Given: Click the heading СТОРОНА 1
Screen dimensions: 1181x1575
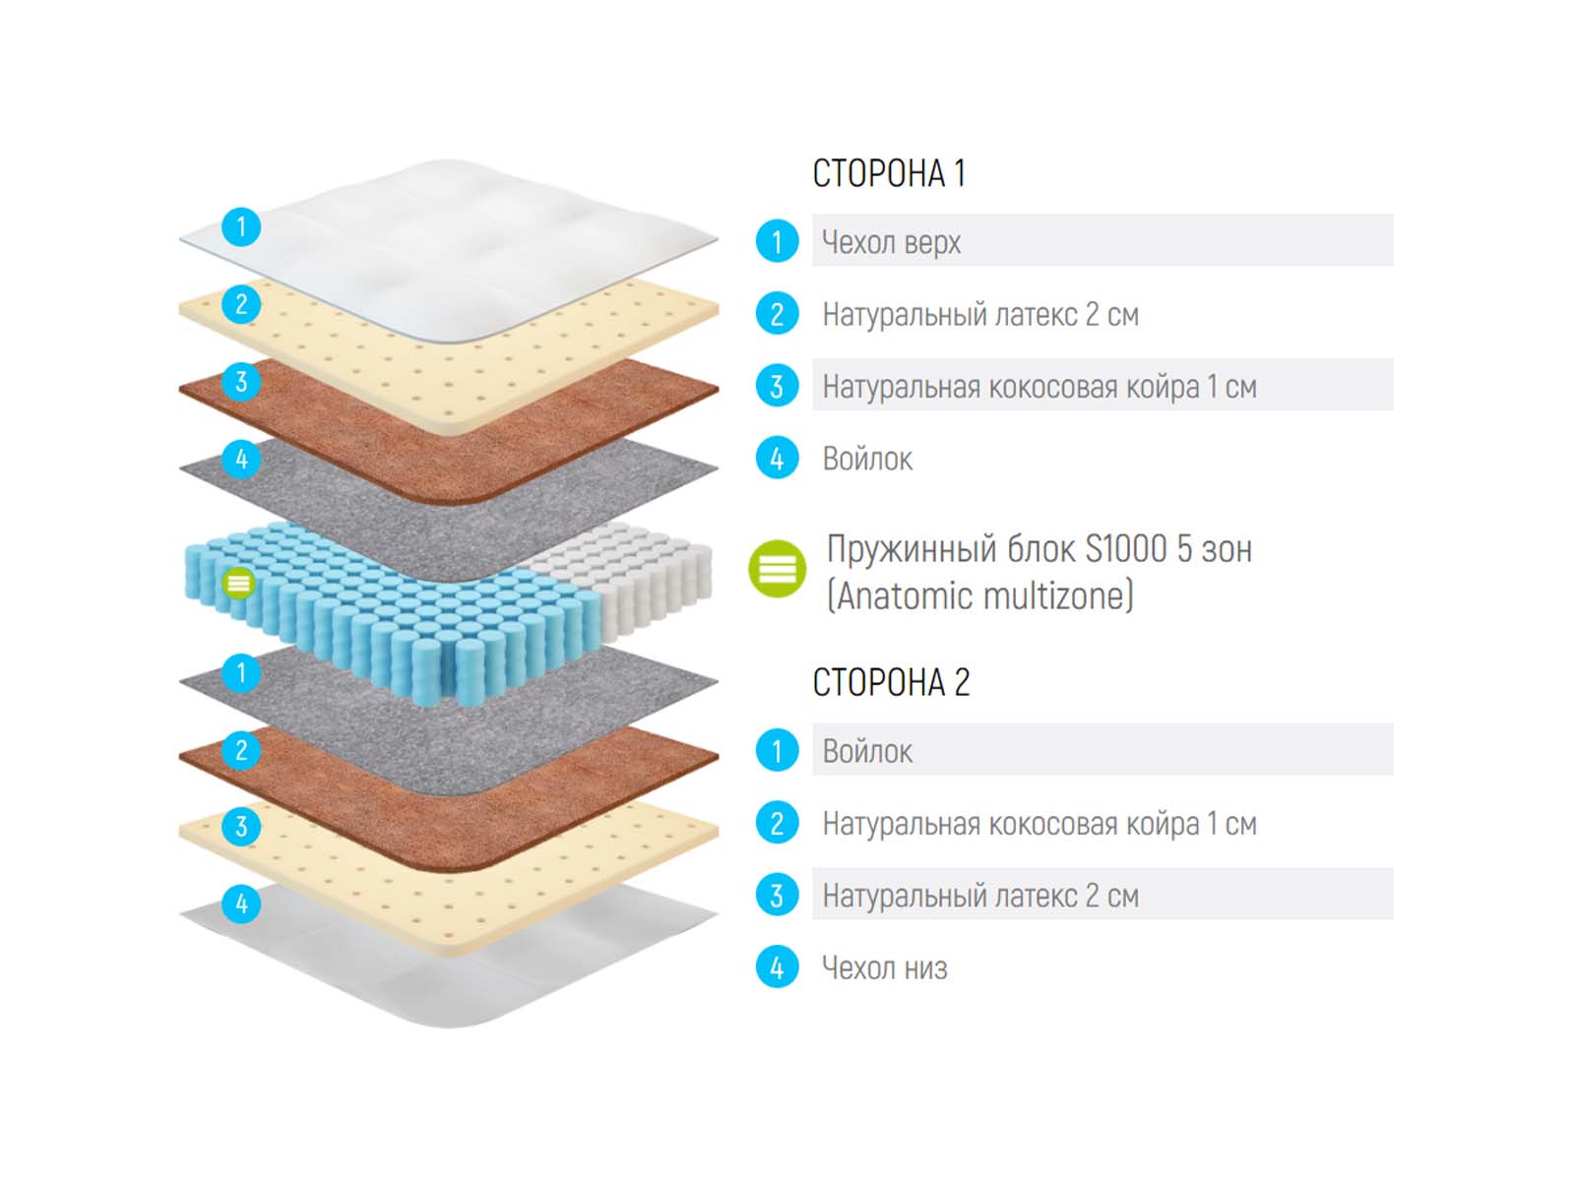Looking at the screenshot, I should tap(889, 174).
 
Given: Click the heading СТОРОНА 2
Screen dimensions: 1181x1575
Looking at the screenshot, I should tap(891, 682).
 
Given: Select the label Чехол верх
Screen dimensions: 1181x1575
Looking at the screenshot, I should tap(891, 242).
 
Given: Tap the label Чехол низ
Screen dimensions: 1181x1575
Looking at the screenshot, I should tap(884, 968).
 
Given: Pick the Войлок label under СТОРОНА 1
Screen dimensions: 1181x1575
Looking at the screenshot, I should tap(867, 459).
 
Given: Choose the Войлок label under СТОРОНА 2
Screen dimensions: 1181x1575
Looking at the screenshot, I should tap(867, 752).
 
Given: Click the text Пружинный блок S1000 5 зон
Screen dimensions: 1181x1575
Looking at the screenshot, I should tap(1039, 549).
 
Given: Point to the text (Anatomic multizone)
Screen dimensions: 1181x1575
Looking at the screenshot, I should tap(979, 595).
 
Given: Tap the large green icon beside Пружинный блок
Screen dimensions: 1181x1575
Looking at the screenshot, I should tap(778, 569).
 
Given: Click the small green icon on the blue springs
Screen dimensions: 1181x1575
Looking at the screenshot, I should tap(238, 583).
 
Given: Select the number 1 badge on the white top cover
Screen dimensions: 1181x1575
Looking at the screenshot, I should tap(241, 227).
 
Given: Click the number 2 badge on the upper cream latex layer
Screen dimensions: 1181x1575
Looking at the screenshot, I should tap(241, 304).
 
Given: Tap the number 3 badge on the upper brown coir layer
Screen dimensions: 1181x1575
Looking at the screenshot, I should tap(241, 382).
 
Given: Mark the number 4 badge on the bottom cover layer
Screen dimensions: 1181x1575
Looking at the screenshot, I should tap(241, 903).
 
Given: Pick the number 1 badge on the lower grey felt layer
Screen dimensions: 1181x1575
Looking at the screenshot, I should tap(241, 673).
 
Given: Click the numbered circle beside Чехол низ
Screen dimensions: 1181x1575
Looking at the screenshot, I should tap(777, 968).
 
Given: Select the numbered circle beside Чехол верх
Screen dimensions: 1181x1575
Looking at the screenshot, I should tap(777, 242).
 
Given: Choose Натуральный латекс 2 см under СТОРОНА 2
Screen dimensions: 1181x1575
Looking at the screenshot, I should tap(980, 896).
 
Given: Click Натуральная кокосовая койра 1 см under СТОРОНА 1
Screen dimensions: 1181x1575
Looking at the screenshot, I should tap(1039, 387).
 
